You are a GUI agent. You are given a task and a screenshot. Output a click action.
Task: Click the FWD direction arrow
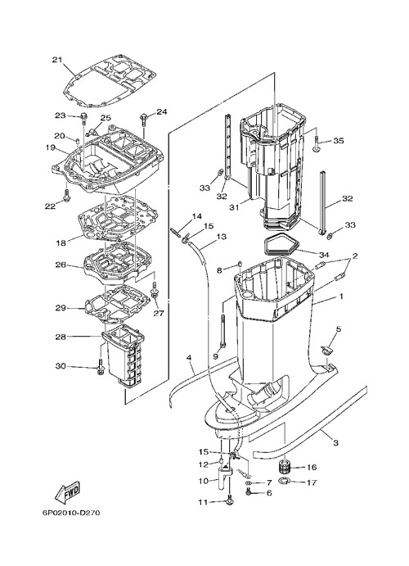pos(67,491)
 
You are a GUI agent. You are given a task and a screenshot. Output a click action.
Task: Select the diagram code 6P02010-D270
pos(71,513)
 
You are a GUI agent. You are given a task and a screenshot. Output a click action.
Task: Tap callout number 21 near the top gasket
pos(57,60)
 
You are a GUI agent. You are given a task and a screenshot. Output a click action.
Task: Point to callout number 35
pos(339,140)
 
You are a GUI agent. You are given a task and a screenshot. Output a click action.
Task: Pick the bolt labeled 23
pos(84,118)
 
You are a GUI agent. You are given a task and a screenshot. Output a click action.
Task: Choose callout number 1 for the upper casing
pos(340,297)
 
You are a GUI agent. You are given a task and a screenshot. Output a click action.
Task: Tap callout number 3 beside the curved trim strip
pos(335,442)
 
